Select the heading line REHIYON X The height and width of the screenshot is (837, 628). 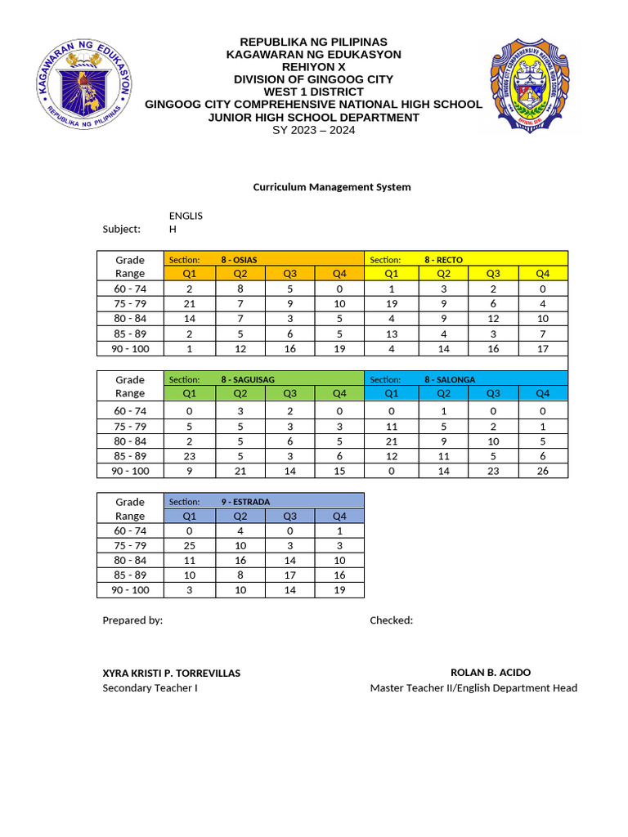(x=313, y=67)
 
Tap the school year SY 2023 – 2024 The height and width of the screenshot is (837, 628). (x=313, y=130)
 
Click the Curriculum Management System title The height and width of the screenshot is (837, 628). (x=331, y=187)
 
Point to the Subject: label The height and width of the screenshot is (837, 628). (x=121, y=230)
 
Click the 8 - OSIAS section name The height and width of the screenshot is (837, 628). (x=239, y=260)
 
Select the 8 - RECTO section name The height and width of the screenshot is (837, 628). (x=443, y=260)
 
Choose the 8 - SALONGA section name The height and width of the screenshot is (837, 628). (x=450, y=380)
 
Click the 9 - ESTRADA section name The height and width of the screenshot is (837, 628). (x=245, y=502)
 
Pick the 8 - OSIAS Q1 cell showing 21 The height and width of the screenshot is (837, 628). (x=190, y=304)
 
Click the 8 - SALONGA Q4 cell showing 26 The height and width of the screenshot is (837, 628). (x=543, y=472)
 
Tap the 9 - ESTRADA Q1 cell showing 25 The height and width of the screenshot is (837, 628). (x=190, y=546)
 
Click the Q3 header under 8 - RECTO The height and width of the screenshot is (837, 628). (x=493, y=274)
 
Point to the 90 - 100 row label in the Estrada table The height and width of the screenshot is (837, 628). (x=130, y=590)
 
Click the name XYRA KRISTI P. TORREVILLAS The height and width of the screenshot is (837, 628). (x=171, y=674)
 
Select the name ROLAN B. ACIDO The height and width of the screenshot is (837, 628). (x=491, y=673)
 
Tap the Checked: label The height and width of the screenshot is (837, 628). (x=391, y=620)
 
